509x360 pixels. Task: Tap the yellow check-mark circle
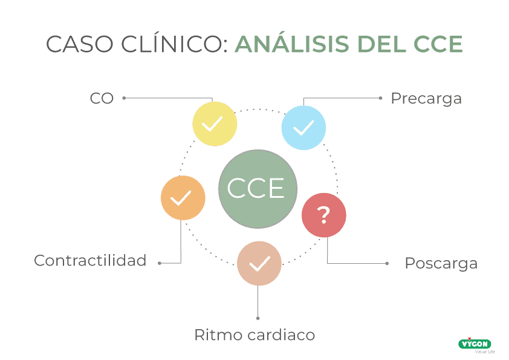click(x=214, y=124)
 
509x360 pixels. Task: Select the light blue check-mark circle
click(x=303, y=127)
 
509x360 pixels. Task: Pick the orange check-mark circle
click(x=183, y=198)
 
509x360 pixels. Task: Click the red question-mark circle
click(x=324, y=215)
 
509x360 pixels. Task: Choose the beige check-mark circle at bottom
click(x=259, y=263)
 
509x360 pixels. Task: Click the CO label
click(x=102, y=98)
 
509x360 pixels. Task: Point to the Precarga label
click(x=426, y=98)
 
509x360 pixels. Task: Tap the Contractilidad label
click(x=90, y=261)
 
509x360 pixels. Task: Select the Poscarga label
click(x=441, y=264)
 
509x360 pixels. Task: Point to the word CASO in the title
click(x=73, y=45)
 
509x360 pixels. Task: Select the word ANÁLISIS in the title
click(x=291, y=45)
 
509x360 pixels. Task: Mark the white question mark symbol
click(x=324, y=215)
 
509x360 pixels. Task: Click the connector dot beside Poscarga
click(x=387, y=263)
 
